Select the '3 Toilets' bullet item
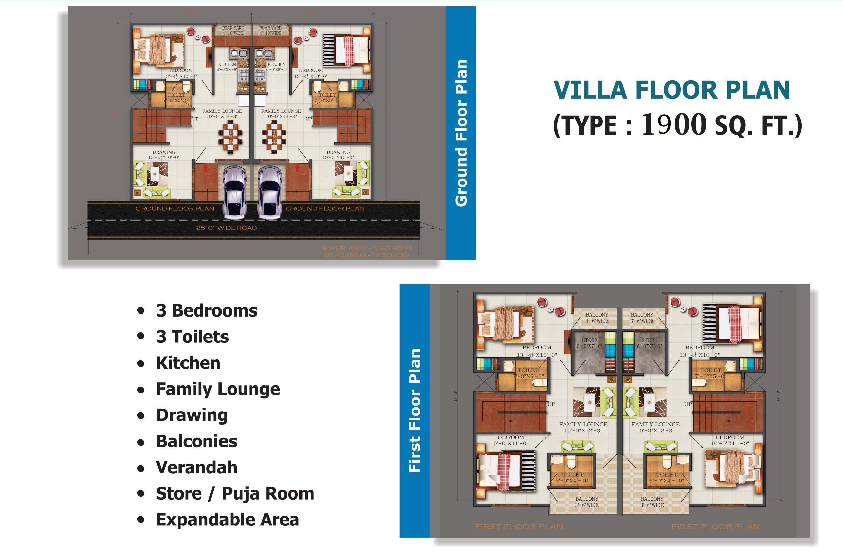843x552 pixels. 192,336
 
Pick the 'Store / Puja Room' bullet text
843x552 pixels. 235,493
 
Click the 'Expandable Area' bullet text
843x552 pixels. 228,520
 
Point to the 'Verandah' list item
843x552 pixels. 197,467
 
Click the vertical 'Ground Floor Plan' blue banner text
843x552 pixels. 461,133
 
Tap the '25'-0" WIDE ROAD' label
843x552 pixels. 227,228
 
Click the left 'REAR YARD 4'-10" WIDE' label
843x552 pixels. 233,31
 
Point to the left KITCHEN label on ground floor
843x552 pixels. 227,67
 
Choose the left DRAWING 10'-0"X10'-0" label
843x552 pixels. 164,155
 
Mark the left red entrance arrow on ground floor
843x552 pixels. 205,168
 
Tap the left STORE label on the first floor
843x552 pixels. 589,343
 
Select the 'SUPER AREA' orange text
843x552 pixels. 367,248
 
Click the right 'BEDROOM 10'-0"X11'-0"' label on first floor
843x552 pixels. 730,440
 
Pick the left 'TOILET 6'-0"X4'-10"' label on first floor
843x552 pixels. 572,478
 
